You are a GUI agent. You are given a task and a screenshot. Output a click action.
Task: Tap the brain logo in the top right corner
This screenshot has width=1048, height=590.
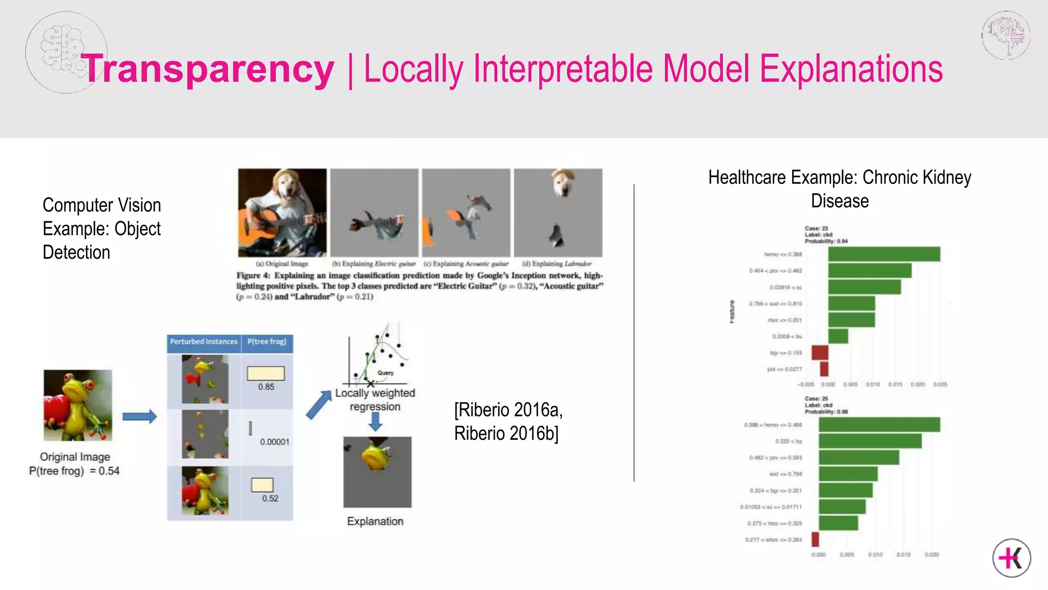pyautogui.click(x=1006, y=35)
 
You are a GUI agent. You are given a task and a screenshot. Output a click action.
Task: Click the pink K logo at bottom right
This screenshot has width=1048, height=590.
pyautogui.click(x=1012, y=558)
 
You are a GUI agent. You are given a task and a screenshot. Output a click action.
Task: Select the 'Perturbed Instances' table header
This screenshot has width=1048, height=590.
pyautogui.click(x=204, y=342)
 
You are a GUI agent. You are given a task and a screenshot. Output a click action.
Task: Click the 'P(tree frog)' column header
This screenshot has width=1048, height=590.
pyautogui.click(x=267, y=342)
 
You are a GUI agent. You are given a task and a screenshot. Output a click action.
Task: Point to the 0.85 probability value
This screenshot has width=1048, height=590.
pyautogui.click(x=266, y=387)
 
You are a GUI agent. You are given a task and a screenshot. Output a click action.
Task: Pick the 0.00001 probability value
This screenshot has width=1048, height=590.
pyautogui.click(x=274, y=441)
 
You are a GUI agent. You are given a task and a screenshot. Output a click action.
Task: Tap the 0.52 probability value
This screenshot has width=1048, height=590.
pyautogui.click(x=270, y=498)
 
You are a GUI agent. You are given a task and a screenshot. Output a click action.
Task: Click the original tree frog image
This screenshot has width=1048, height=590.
pyautogui.click(x=78, y=405)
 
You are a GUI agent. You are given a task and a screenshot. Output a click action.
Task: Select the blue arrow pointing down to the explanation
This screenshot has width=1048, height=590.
pyautogui.click(x=375, y=422)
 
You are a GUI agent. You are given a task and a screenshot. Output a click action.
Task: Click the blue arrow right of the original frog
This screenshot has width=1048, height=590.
pyautogui.click(x=139, y=416)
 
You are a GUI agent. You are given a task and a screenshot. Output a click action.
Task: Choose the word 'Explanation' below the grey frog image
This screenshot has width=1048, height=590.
pyautogui.click(x=375, y=521)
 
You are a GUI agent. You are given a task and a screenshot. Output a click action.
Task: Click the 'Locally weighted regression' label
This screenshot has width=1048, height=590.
pyautogui.click(x=375, y=400)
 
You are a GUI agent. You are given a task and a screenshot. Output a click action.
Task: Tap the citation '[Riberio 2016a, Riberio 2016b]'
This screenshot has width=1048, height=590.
pyautogui.click(x=508, y=422)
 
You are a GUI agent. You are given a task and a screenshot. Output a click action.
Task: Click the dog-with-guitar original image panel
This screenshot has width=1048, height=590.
pyautogui.click(x=282, y=213)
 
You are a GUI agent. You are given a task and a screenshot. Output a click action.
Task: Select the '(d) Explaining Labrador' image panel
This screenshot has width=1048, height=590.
pyautogui.click(x=558, y=213)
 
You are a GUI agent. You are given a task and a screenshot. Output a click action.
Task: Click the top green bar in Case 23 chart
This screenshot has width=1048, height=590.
pyautogui.click(x=884, y=254)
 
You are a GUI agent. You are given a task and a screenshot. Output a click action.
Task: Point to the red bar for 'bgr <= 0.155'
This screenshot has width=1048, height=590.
pyautogui.click(x=820, y=352)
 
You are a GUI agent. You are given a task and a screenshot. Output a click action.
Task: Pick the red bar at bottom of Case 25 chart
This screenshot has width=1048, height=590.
pyautogui.click(x=815, y=539)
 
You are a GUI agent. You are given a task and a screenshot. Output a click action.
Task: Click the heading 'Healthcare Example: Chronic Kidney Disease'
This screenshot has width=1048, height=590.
pyautogui.click(x=840, y=189)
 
